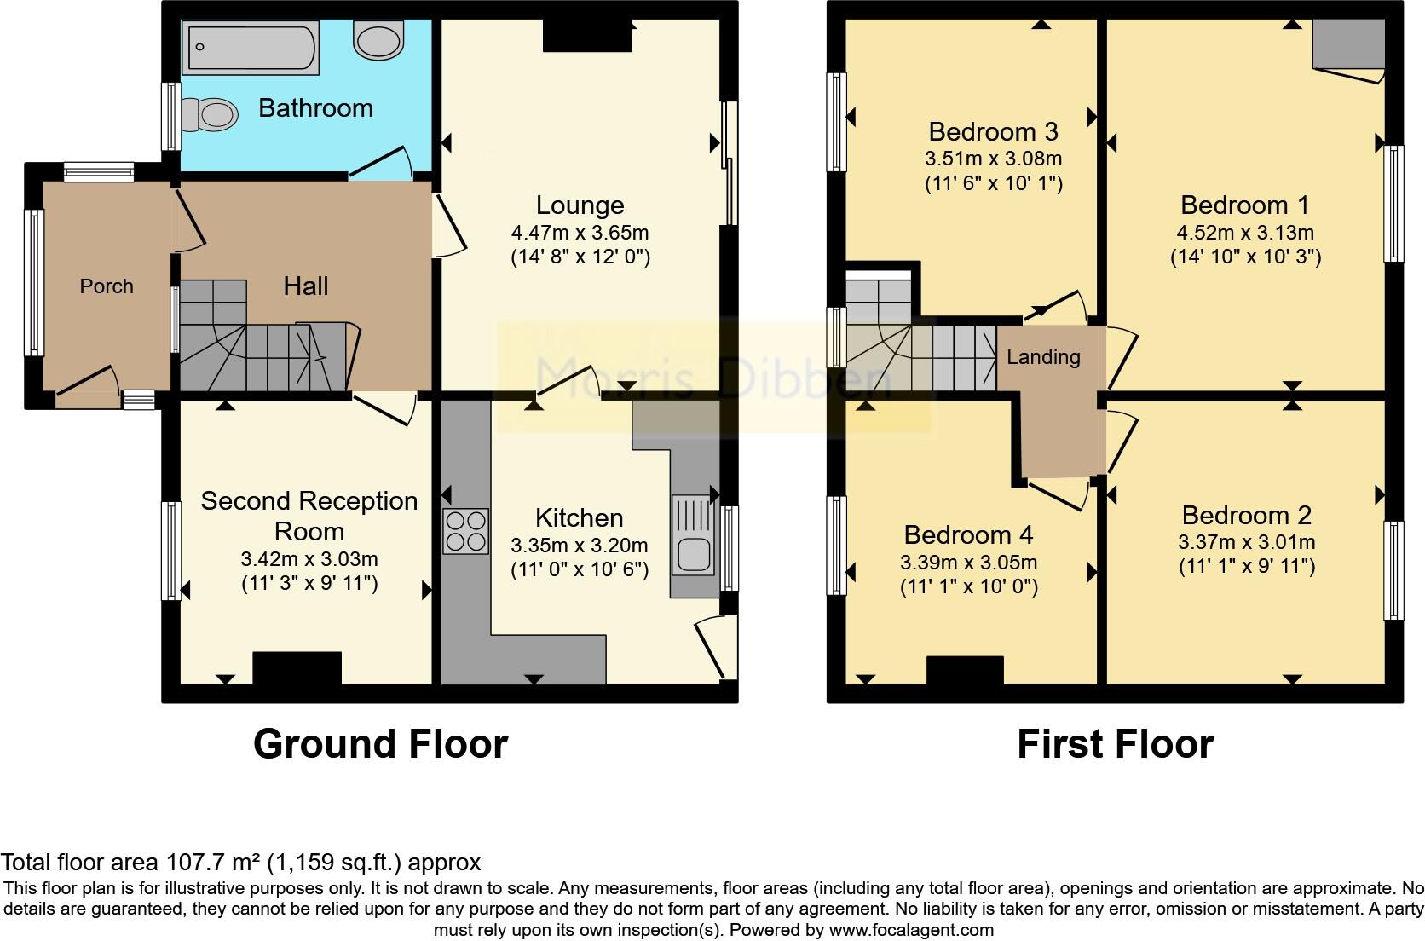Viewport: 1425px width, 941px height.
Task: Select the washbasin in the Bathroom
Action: click(380, 40)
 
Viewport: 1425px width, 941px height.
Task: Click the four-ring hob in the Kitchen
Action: click(466, 531)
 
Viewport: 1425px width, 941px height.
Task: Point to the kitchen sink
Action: click(692, 546)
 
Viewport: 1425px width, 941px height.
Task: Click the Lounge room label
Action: click(580, 205)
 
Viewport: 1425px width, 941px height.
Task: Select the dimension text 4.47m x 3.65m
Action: click(580, 233)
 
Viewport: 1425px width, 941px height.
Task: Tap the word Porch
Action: click(107, 286)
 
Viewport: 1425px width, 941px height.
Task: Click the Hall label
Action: click(306, 286)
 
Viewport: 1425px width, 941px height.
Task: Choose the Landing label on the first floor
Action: click(1043, 357)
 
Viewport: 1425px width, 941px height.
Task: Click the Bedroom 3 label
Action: click(993, 131)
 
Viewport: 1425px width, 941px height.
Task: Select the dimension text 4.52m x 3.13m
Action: click(1245, 233)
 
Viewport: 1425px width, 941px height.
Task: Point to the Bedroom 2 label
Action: click(1246, 515)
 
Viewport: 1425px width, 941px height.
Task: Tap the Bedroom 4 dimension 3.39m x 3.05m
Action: click(968, 563)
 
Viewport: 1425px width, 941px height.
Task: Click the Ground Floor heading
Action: click(380, 744)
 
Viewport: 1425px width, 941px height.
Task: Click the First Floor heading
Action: click(1115, 744)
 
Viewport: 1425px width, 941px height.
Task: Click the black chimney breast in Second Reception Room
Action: click(297, 667)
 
